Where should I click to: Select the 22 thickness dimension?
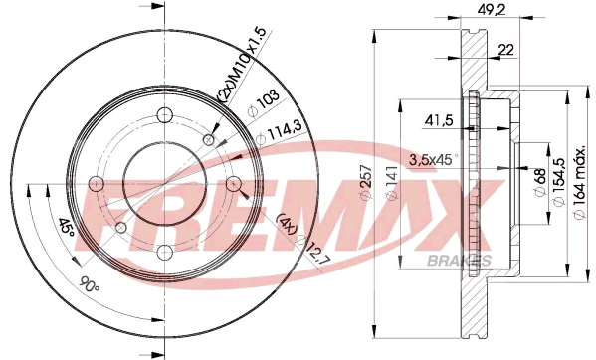click(x=505, y=50)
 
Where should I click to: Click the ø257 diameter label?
click(x=365, y=182)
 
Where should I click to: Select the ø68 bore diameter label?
click(x=540, y=182)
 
